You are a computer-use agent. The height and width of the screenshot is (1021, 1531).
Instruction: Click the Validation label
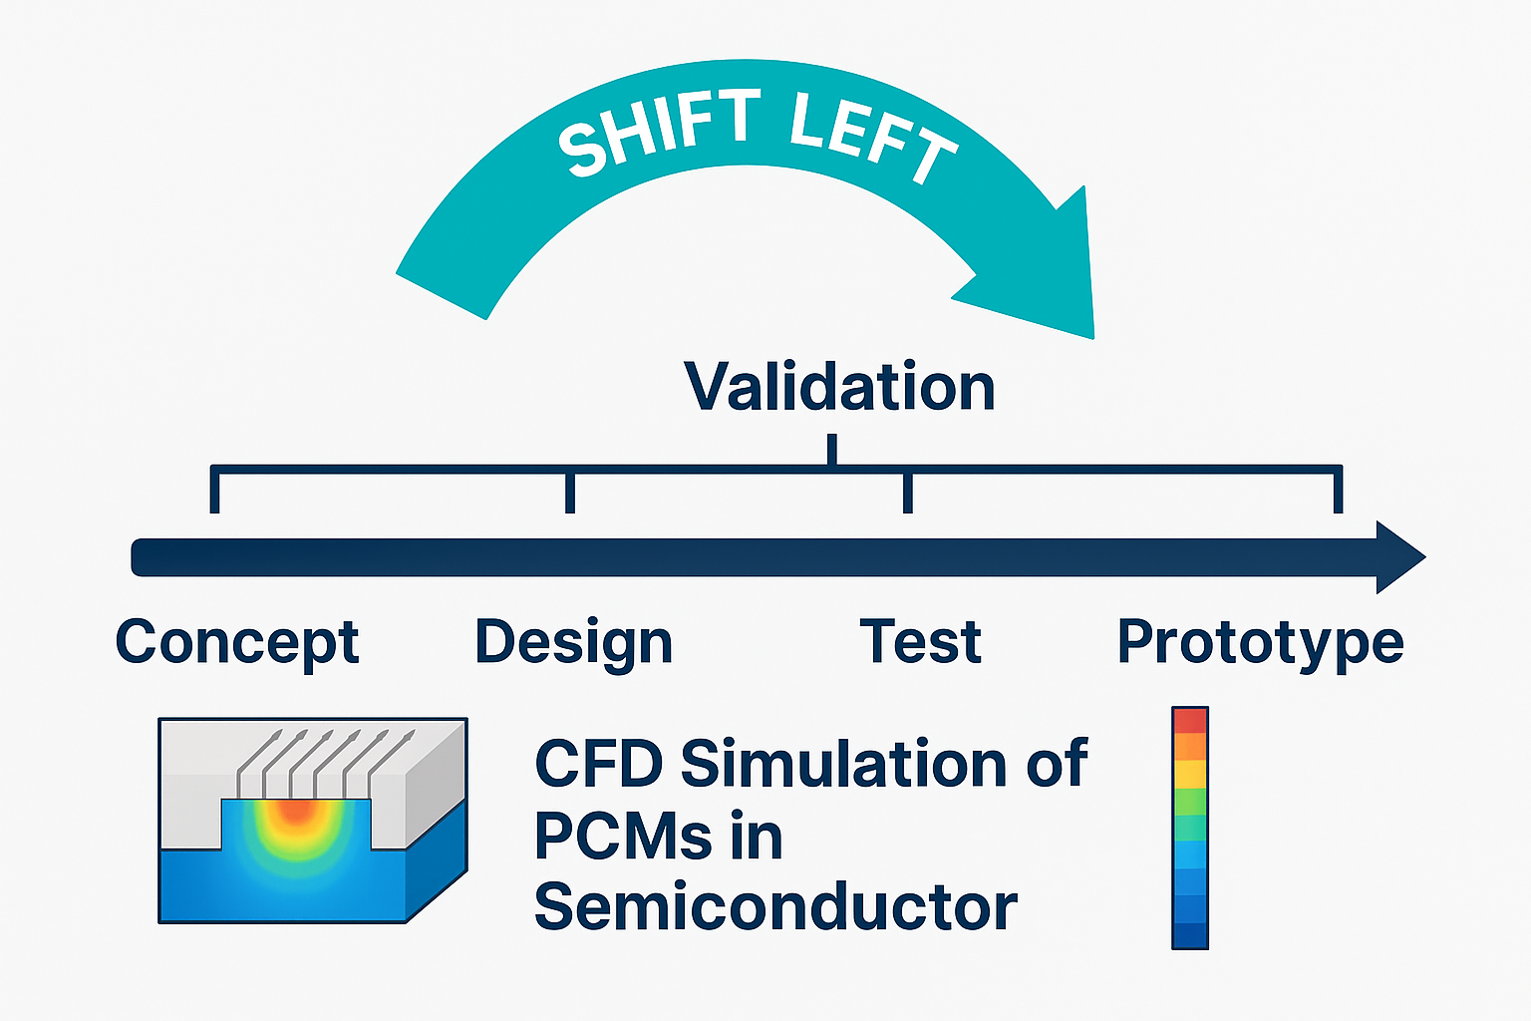839,387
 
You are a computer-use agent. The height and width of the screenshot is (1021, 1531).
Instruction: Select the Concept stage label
237,642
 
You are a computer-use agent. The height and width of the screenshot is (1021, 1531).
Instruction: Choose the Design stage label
574,642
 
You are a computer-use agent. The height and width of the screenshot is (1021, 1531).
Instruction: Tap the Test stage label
920,641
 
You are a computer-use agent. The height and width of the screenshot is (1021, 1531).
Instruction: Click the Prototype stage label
1260,642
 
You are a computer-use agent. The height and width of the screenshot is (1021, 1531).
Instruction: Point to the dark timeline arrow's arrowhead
1399,557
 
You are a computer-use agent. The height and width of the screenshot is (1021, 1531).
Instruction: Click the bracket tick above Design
570,492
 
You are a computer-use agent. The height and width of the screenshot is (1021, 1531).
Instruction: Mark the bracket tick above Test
907,492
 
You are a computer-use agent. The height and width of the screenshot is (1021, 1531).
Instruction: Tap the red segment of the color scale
1190,721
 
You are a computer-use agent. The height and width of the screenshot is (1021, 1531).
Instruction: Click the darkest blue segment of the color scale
1190,935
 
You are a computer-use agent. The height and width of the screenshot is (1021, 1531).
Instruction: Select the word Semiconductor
775,907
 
